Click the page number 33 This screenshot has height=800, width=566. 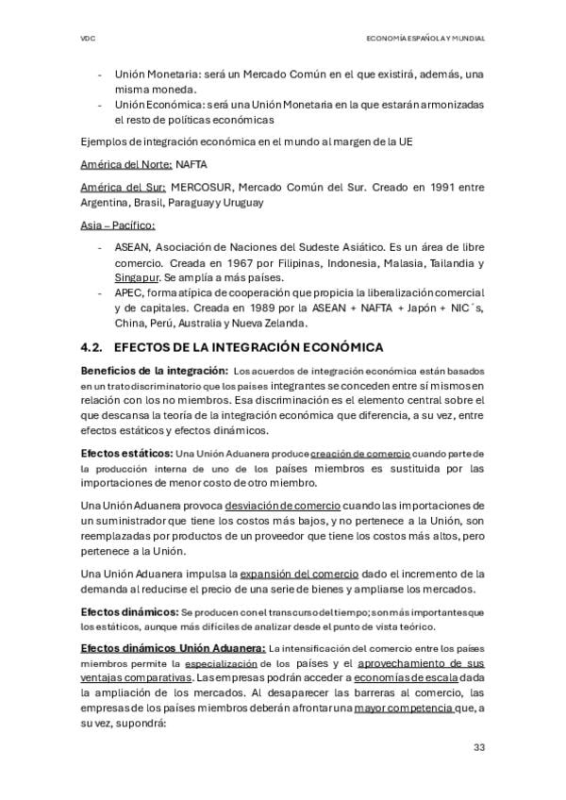478,747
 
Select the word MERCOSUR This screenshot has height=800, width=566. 198,187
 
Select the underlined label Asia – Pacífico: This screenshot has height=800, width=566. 118,225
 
